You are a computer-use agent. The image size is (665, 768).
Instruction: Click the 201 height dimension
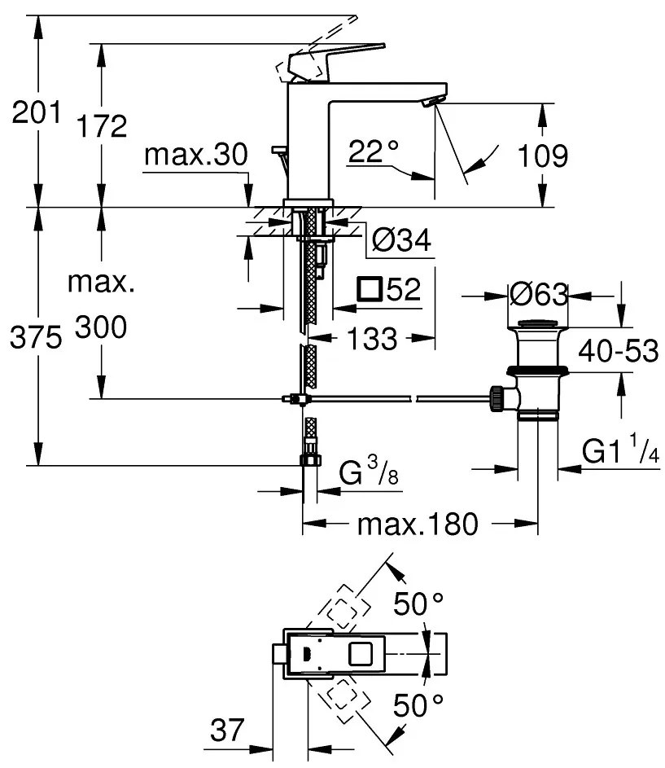coord(36,114)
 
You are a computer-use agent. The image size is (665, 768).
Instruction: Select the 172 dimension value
coord(102,126)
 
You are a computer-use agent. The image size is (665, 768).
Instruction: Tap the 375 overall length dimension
coord(36,338)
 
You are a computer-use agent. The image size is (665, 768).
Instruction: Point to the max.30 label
coord(195,156)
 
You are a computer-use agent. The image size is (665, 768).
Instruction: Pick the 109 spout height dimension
coord(543,156)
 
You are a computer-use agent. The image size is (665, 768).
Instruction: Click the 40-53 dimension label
coord(618,351)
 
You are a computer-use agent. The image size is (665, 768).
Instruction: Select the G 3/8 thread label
coord(367,473)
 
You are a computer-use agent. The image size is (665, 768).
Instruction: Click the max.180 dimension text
coord(418,524)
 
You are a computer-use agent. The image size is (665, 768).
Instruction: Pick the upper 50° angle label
coord(418,604)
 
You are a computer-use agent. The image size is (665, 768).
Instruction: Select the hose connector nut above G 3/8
coord(309,459)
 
